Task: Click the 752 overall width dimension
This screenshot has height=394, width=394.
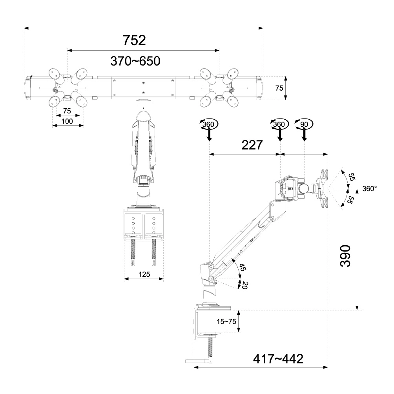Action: (x=134, y=40)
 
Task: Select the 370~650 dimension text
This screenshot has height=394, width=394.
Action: (x=135, y=61)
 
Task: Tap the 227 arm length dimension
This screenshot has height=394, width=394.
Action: (x=252, y=146)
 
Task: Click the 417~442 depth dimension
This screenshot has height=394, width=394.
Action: (x=278, y=359)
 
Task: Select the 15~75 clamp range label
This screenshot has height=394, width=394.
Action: (x=226, y=321)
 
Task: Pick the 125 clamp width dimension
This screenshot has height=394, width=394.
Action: (x=144, y=274)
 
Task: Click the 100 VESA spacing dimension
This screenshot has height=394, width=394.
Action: (x=67, y=121)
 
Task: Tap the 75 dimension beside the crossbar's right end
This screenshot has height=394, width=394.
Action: (x=279, y=88)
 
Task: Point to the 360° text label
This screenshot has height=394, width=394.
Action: (x=369, y=188)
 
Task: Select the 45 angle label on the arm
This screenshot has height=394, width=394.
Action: (x=242, y=268)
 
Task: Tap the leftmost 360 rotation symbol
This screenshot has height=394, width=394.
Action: (x=208, y=124)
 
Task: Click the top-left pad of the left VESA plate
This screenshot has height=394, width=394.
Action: (x=54, y=73)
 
